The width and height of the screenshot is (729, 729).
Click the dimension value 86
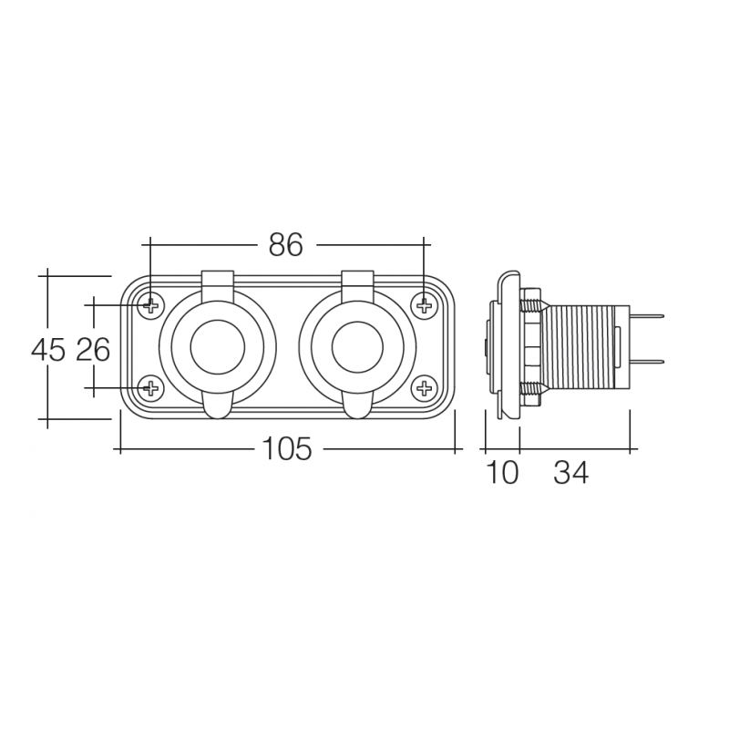[285, 244]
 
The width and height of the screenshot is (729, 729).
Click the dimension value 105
[287, 449]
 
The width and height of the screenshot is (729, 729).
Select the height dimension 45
[48, 349]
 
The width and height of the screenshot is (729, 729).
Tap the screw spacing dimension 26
[93, 349]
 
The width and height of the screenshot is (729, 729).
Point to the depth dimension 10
[501, 473]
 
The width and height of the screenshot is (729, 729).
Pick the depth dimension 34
[571, 473]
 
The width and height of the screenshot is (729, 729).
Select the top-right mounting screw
[424, 304]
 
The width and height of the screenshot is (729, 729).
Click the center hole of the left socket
[217, 346]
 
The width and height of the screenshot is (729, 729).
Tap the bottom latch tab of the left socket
[217, 406]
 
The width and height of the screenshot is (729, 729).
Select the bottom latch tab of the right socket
[357, 406]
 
